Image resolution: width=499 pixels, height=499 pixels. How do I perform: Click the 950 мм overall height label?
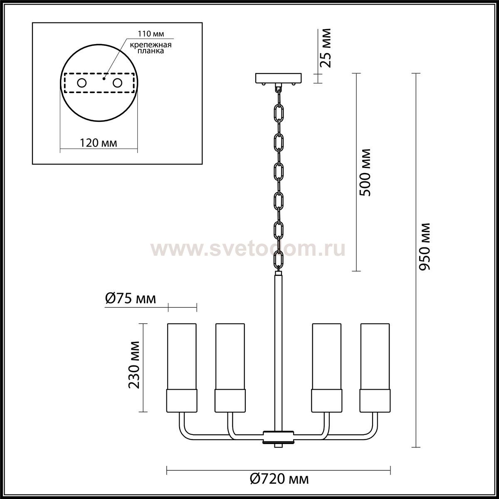[x=425, y=247]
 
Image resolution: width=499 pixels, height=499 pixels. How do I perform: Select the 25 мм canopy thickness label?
[x=325, y=48]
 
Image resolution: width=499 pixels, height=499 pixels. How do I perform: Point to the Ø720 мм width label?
[x=279, y=479]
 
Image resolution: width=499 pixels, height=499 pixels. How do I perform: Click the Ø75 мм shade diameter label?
[x=131, y=299]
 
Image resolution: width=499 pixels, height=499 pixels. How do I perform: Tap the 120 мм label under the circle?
[x=99, y=143]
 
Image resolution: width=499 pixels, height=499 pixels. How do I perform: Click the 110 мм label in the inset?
[x=151, y=34]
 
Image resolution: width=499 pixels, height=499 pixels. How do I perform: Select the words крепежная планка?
[x=151, y=48]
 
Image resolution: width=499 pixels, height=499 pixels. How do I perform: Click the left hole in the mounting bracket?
[x=82, y=83]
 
